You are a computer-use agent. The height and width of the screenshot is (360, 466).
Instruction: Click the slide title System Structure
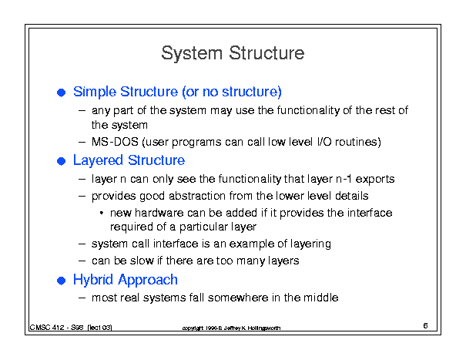pyautogui.click(x=233, y=54)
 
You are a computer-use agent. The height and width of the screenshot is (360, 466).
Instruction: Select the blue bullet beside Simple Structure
pyautogui.click(x=61, y=93)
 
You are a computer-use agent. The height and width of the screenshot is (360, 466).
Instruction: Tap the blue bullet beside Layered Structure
pyautogui.click(x=61, y=161)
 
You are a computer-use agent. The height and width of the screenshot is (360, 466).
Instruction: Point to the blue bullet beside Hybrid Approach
pyautogui.click(x=61, y=281)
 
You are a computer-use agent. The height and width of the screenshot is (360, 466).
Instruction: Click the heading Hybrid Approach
pyautogui.click(x=126, y=281)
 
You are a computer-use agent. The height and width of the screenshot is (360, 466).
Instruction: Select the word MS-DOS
pyautogui.click(x=115, y=142)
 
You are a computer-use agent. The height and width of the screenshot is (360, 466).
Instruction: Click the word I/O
pyautogui.click(x=324, y=142)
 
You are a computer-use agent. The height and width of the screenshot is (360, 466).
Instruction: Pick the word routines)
pyautogui.click(x=358, y=142)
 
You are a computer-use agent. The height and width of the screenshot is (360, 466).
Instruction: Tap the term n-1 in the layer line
pyautogui.click(x=344, y=179)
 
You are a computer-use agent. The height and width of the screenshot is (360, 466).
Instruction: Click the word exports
pyautogui.click(x=375, y=179)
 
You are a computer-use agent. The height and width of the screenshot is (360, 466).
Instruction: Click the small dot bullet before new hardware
pyautogui.click(x=102, y=213)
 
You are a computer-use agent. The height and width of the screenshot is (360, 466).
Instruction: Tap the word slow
pyautogui.click(x=142, y=261)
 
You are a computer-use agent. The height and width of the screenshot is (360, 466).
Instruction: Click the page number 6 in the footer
pyautogui.click(x=426, y=325)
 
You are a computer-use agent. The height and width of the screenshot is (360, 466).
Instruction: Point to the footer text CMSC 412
pyautogui.click(x=47, y=328)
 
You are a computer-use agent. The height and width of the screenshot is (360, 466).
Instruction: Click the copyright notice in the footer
pyautogui.click(x=231, y=328)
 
